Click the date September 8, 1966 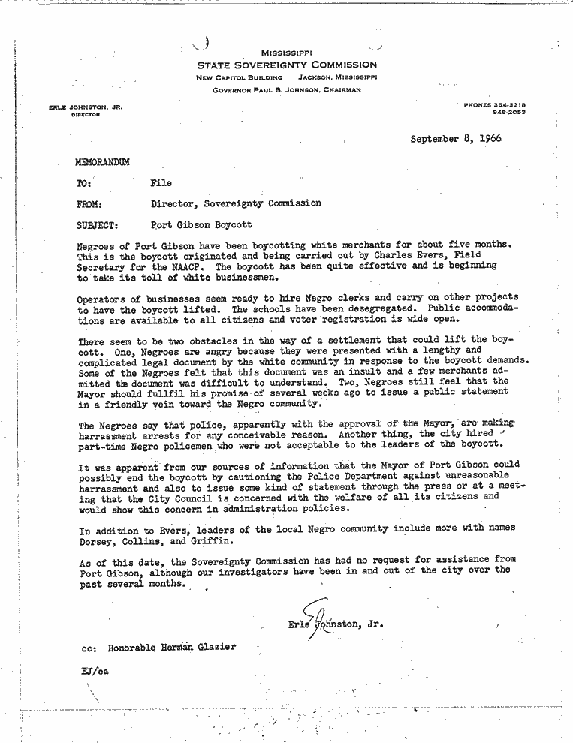coord(455,140)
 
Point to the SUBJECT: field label coord(98,224)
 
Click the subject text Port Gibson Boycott coord(201,224)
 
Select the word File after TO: coord(161,182)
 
